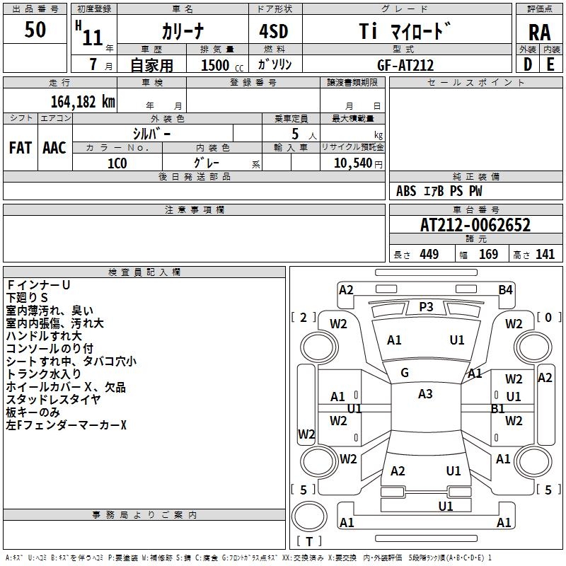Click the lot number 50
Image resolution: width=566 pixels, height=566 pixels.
35,30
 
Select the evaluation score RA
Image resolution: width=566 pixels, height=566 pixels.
539,32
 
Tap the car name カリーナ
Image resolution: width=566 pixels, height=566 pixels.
182,30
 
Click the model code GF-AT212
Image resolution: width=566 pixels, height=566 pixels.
405,65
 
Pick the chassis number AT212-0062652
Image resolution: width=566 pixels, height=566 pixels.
475,226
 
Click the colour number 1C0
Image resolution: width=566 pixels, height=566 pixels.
117,163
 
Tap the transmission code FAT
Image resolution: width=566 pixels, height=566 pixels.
21,148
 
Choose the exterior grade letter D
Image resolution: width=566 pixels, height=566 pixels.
527,64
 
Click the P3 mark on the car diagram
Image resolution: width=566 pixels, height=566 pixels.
426,306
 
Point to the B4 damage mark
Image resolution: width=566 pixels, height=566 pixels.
504,289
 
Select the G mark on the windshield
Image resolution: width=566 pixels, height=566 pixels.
405,372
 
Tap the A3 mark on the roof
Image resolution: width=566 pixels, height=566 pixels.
425,394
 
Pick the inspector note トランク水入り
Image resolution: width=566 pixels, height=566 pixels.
44,374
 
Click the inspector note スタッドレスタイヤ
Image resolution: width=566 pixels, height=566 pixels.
53,400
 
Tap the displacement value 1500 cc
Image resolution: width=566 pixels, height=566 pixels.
219,65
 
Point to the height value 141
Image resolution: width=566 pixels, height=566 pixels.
545,255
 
